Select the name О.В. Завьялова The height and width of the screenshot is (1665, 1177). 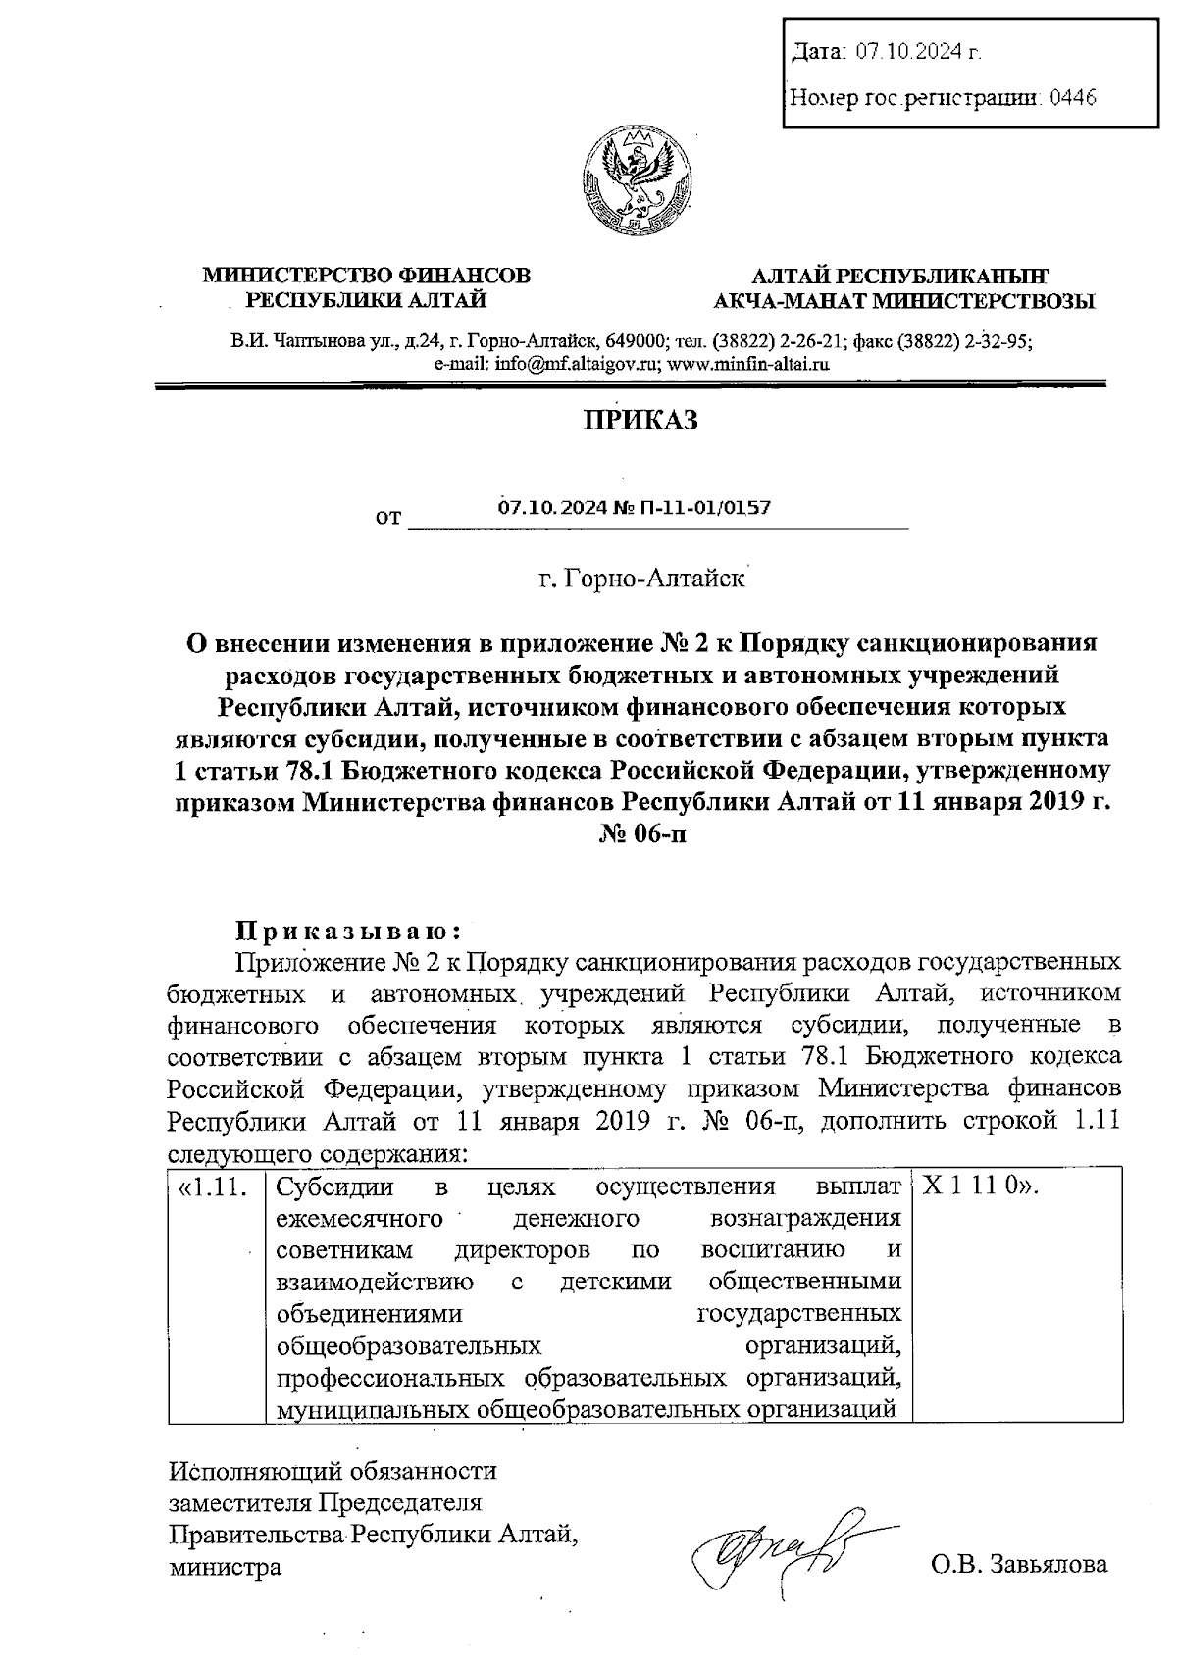point(1019,1564)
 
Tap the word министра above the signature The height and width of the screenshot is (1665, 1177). point(225,1566)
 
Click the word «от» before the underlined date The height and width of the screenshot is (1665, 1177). point(387,516)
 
